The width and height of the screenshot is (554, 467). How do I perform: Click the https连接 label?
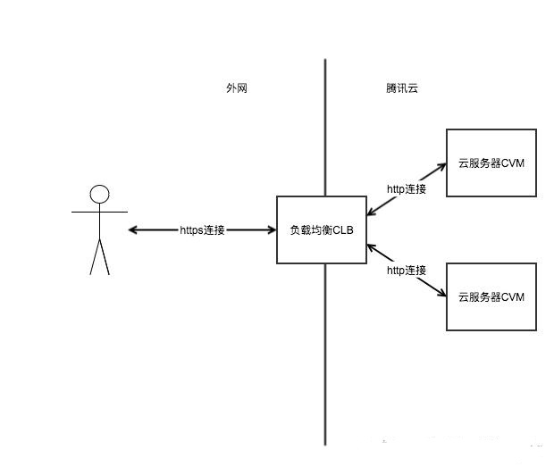pos(202,230)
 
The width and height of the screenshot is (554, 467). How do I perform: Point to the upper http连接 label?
pos(407,189)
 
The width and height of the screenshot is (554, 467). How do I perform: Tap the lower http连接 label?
pos(407,270)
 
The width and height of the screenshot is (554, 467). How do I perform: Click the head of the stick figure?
pos(99,194)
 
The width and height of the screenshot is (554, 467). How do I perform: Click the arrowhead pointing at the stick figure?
pos(132,230)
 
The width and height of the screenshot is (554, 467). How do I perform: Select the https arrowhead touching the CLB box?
pos(272,230)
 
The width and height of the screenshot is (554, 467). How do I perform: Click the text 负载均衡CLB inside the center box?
pos(322,229)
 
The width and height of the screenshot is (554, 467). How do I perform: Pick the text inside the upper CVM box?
pos(491,163)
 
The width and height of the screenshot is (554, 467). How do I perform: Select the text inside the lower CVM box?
pos(491,296)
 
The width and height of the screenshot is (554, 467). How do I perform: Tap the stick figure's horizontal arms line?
pos(99,213)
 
